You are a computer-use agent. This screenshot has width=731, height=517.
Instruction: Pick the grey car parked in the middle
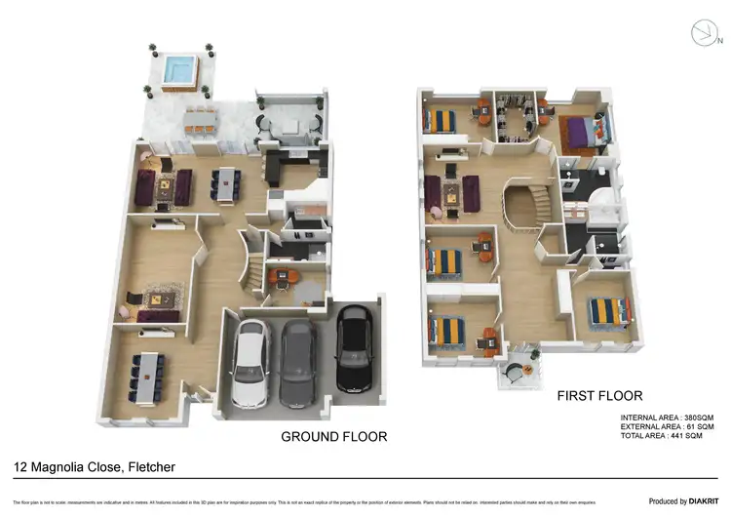coord(298,363)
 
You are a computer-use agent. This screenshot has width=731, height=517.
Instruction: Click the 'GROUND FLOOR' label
coord(333,436)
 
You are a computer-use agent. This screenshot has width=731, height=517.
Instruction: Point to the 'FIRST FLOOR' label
coord(599,396)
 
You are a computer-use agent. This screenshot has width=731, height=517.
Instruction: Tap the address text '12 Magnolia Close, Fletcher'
coord(95,467)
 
